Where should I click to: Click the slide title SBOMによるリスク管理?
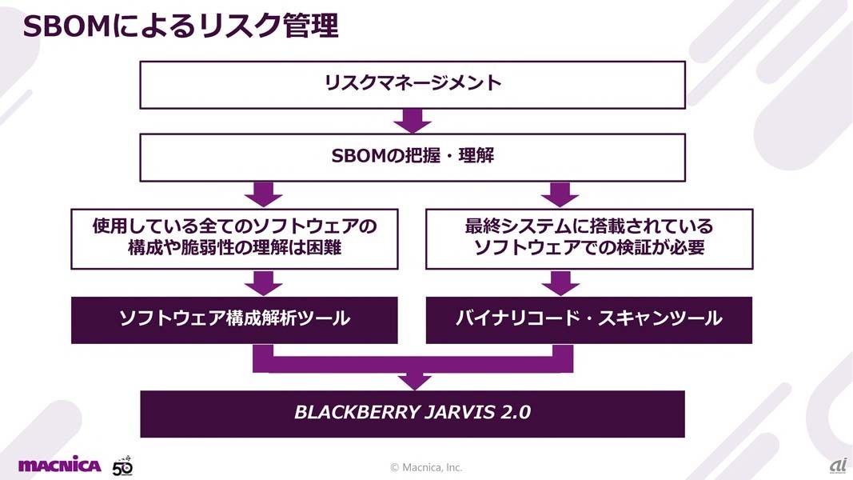click(x=181, y=26)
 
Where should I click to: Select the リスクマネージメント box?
click(x=413, y=83)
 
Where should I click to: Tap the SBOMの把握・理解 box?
click(x=413, y=156)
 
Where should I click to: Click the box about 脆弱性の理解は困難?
click(x=234, y=238)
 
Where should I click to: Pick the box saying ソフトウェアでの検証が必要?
click(x=589, y=238)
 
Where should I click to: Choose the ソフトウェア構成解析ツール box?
click(x=234, y=318)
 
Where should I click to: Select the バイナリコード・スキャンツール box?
click(x=589, y=318)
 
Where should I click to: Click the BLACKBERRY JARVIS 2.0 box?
click(x=413, y=413)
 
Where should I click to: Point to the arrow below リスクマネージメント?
click(x=413, y=121)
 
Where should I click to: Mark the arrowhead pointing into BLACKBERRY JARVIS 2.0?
click(x=413, y=381)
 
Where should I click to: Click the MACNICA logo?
click(x=59, y=465)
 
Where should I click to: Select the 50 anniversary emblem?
click(x=122, y=465)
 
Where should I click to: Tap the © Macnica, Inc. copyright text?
click(x=425, y=467)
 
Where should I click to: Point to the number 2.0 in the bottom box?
click(x=516, y=413)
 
